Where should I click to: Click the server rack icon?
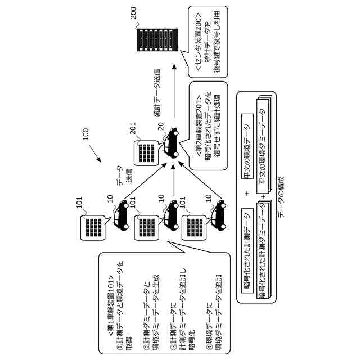[157, 40]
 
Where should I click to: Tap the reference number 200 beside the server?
[133, 13]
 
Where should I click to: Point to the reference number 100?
[85, 134]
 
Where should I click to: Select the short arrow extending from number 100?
[95, 153]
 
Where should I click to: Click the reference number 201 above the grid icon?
[133, 128]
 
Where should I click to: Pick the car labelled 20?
[172, 143]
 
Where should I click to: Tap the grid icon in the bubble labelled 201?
[146, 153]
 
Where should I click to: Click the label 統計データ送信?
[157, 93]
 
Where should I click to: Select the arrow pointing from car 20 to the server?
[174, 91]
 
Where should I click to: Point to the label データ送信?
[124, 175]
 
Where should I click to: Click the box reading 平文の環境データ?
[247, 146]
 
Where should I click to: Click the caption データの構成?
[281, 197]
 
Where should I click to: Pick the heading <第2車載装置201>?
[199, 125]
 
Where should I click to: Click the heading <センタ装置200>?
[199, 42]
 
